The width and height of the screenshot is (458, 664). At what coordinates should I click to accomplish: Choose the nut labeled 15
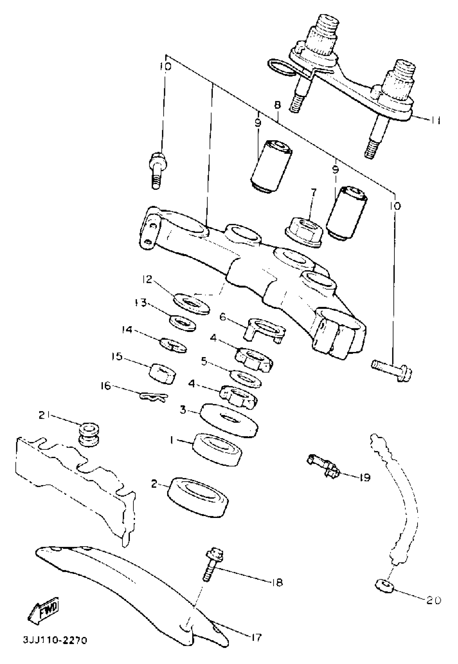point(162,373)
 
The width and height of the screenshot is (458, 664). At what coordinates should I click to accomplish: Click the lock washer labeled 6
point(265,329)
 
